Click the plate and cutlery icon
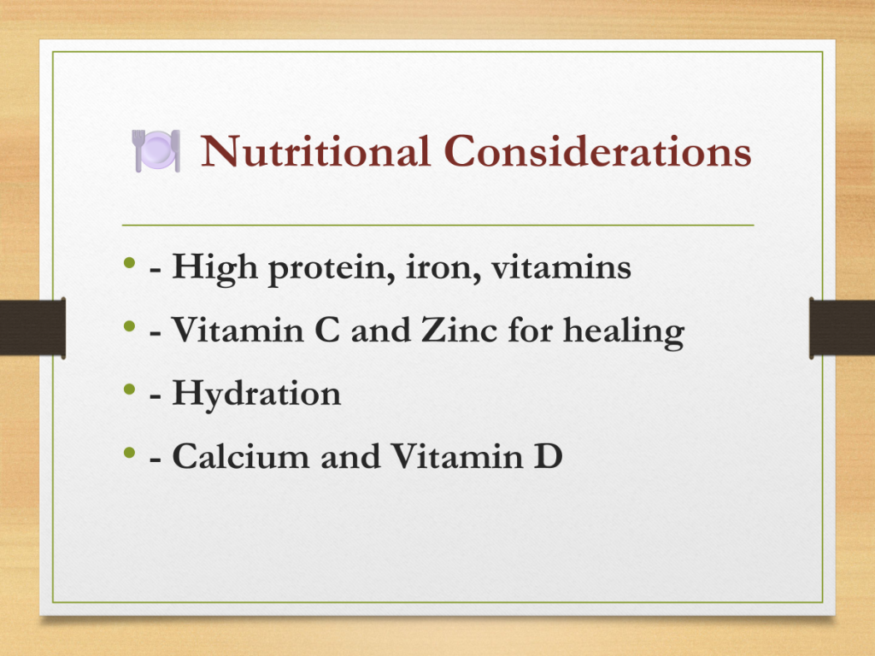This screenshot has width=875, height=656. coord(156,150)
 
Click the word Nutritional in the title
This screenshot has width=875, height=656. coord(315,150)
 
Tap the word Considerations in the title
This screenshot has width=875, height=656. coord(597,150)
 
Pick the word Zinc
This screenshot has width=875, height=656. coord(459,330)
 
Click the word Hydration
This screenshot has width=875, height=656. coord(256,395)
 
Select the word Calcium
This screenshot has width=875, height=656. coord(240,456)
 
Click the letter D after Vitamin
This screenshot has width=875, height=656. coord(548,456)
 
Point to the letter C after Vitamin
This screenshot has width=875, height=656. coord(327,330)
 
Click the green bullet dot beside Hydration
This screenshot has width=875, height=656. coord(130,389)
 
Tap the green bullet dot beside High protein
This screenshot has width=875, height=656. coord(130,262)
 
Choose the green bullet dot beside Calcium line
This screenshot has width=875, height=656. coord(130,451)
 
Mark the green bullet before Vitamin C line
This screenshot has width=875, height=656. coord(130,325)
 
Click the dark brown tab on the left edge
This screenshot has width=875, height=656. coord(33,328)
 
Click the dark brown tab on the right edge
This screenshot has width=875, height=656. coord(842,328)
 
